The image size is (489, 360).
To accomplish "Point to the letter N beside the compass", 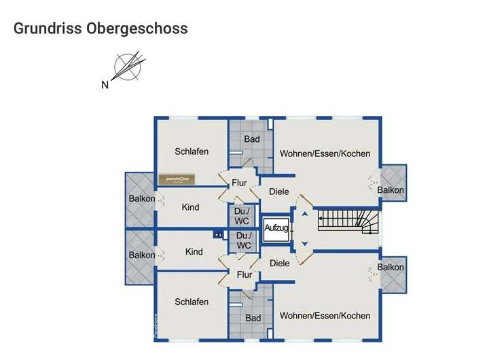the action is click(105, 85).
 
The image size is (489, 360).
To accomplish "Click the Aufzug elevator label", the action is click(276, 228).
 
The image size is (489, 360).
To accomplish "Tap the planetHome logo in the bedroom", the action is click(177, 179).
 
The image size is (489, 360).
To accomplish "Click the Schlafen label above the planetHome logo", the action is click(192, 151).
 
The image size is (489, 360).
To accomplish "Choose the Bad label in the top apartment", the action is click(252, 139).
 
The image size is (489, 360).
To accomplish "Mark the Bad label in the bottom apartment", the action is click(253, 318).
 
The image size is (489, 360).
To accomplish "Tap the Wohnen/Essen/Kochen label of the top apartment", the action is click(325, 154).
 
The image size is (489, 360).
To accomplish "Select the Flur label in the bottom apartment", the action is click(244, 275).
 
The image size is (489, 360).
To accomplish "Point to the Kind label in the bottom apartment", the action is click(194, 252).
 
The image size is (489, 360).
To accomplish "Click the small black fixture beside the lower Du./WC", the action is click(218, 235).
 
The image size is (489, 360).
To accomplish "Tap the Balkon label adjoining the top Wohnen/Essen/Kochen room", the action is click(391, 190).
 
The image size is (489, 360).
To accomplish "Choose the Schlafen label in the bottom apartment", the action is click(192, 302).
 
